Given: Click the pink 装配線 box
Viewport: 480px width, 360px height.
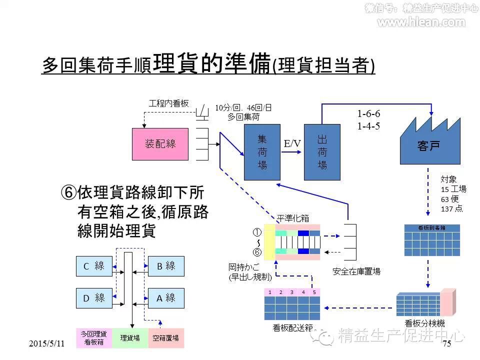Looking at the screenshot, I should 160,144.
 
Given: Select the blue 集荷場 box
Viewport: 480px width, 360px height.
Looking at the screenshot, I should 262,152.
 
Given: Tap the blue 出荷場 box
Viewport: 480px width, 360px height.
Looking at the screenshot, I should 322,152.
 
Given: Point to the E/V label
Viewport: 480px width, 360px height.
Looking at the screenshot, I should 292,143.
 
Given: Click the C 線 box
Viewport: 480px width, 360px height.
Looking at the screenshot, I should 94,266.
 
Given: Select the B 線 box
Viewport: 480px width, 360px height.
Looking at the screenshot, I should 166,266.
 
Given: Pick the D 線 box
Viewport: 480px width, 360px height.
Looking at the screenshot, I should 94,298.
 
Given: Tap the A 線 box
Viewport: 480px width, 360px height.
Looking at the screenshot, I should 166,298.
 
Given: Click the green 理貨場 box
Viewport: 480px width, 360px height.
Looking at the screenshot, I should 130,338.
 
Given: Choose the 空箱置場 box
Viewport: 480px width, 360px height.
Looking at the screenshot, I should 166,338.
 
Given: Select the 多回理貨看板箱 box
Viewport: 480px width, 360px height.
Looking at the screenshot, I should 94,338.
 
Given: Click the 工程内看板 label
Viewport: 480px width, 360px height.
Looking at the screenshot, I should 169,103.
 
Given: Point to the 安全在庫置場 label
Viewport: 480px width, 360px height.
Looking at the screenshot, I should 356,271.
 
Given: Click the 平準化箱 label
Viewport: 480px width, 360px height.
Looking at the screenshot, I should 293,218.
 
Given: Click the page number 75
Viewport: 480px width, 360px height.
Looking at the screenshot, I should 446,343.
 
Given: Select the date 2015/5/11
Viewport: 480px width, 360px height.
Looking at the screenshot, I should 47,343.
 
